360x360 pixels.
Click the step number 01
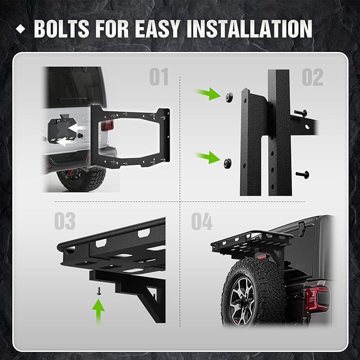[159, 78]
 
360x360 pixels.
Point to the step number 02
[312, 78]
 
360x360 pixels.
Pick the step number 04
[201, 221]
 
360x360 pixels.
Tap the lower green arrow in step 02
[208, 157]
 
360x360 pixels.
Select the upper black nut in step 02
[230, 96]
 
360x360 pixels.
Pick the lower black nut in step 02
[227, 162]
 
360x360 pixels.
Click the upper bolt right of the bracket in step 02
[302, 112]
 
